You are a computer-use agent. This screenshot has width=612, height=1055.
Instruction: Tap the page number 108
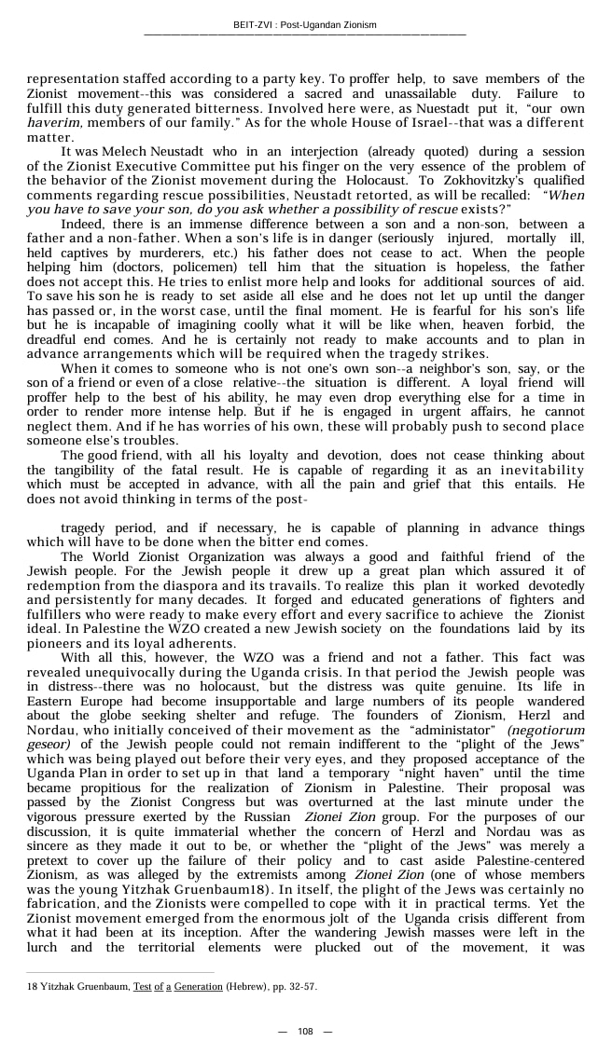pos(305,1031)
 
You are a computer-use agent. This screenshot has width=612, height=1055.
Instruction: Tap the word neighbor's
pos(431,368)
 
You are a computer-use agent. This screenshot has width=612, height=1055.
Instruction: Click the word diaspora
pos(215,584)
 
